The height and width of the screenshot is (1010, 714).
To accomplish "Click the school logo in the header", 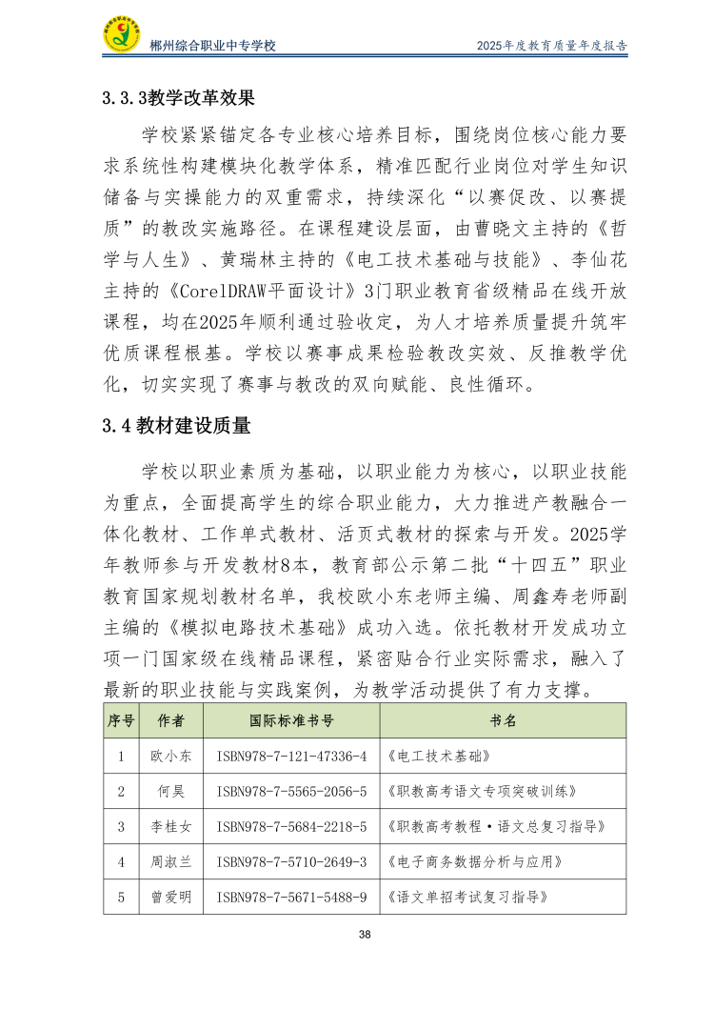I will (122, 35).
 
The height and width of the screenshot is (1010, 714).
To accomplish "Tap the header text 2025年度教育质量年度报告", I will (552, 46).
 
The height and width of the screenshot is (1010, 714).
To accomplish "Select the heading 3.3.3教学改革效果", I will (179, 96).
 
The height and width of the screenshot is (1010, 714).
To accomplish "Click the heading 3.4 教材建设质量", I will (177, 426).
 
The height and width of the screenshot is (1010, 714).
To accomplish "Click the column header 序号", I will (121, 720).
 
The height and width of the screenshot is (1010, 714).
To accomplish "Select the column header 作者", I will (171, 720).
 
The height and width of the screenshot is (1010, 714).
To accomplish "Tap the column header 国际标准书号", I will (291, 720).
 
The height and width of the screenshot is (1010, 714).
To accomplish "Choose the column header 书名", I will (503, 720).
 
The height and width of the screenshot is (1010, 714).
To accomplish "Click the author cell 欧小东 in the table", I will (171, 757).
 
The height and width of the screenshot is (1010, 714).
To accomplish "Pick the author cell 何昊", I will (171, 792).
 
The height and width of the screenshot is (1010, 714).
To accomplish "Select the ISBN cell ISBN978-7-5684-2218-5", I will (291, 827).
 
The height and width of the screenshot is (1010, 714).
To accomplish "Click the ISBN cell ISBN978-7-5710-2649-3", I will (291, 862).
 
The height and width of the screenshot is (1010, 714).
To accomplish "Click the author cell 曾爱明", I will (171, 898).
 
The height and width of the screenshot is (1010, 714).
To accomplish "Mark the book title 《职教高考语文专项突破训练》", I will (483, 792).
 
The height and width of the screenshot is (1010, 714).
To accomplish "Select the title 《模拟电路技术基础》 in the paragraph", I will (256, 629).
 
